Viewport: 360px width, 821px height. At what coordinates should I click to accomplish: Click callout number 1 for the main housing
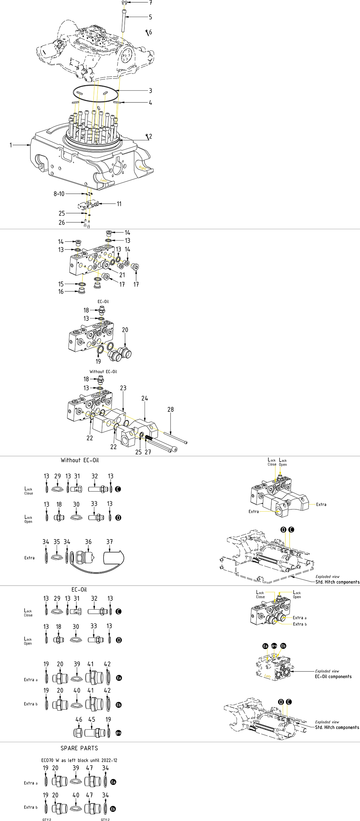(11, 145)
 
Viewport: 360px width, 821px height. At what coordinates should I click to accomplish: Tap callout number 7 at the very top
(151, 3)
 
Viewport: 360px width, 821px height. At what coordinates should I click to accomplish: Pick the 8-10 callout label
(59, 194)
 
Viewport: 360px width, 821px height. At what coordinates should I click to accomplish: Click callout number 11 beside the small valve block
(119, 204)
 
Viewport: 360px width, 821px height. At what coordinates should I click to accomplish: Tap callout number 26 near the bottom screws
(62, 223)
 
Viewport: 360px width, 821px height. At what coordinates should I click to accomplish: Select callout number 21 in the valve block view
(122, 275)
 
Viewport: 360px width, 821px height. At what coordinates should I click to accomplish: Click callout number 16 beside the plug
(61, 291)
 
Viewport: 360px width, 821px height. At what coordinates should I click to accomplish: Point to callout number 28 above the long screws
(171, 410)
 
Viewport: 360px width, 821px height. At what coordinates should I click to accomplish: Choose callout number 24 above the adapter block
(145, 398)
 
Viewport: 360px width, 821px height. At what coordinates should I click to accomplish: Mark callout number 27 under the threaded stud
(148, 452)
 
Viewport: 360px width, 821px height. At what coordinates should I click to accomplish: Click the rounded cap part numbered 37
(113, 558)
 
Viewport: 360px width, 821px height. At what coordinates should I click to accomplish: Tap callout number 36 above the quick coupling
(88, 542)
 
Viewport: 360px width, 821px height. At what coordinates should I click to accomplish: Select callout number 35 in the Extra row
(57, 542)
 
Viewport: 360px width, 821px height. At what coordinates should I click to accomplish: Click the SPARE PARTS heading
(79, 748)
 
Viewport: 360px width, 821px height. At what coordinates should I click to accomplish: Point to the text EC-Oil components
(333, 677)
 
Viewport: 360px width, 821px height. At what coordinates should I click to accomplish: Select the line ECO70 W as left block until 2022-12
(79, 760)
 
